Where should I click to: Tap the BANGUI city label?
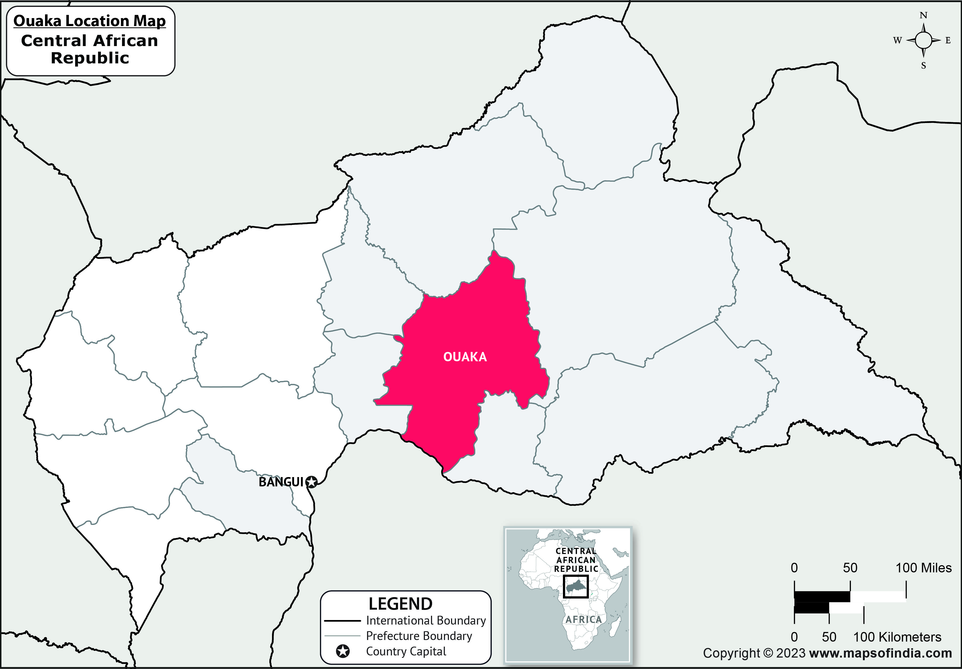pos(280,482)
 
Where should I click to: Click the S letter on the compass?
pos(923,66)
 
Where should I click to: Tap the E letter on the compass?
pos(948,41)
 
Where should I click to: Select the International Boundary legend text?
pos(426,621)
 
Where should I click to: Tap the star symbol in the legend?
pos(343,651)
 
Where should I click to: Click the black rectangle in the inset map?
pos(576,586)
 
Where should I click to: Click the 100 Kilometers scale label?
pos(897,637)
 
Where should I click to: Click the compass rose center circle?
pos(923,41)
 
